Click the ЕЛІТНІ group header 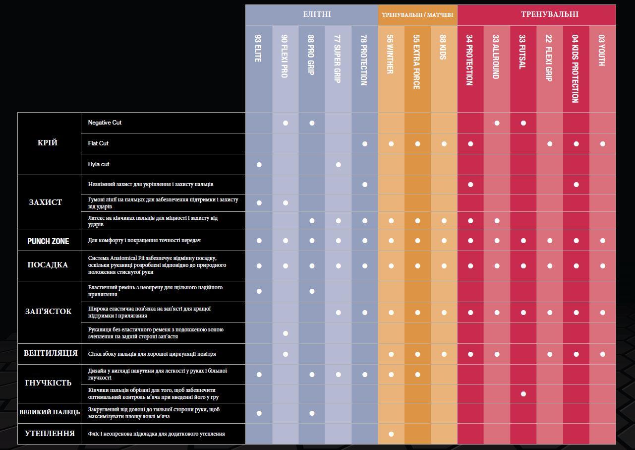(x=317, y=14)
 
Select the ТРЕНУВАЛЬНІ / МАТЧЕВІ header (x=417, y=15)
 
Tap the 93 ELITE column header (x=258, y=48)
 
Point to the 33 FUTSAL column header (x=522, y=52)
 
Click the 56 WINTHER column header (x=390, y=54)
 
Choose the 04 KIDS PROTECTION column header (x=575, y=68)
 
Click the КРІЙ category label (x=48, y=143)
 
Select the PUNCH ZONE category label (x=48, y=241)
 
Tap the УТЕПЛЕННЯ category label (x=50, y=434)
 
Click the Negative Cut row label (x=105, y=123)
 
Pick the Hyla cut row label (x=99, y=164)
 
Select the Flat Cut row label (x=98, y=143)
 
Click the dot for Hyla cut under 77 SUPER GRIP (x=338, y=165)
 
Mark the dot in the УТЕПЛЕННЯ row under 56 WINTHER (x=391, y=434)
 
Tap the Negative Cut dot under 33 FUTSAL (x=523, y=123)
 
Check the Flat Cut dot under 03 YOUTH (x=602, y=144)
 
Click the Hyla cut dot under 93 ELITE (x=259, y=165)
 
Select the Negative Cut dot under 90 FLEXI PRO (x=285, y=123)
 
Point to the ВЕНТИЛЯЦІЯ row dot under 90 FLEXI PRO (x=285, y=354)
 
